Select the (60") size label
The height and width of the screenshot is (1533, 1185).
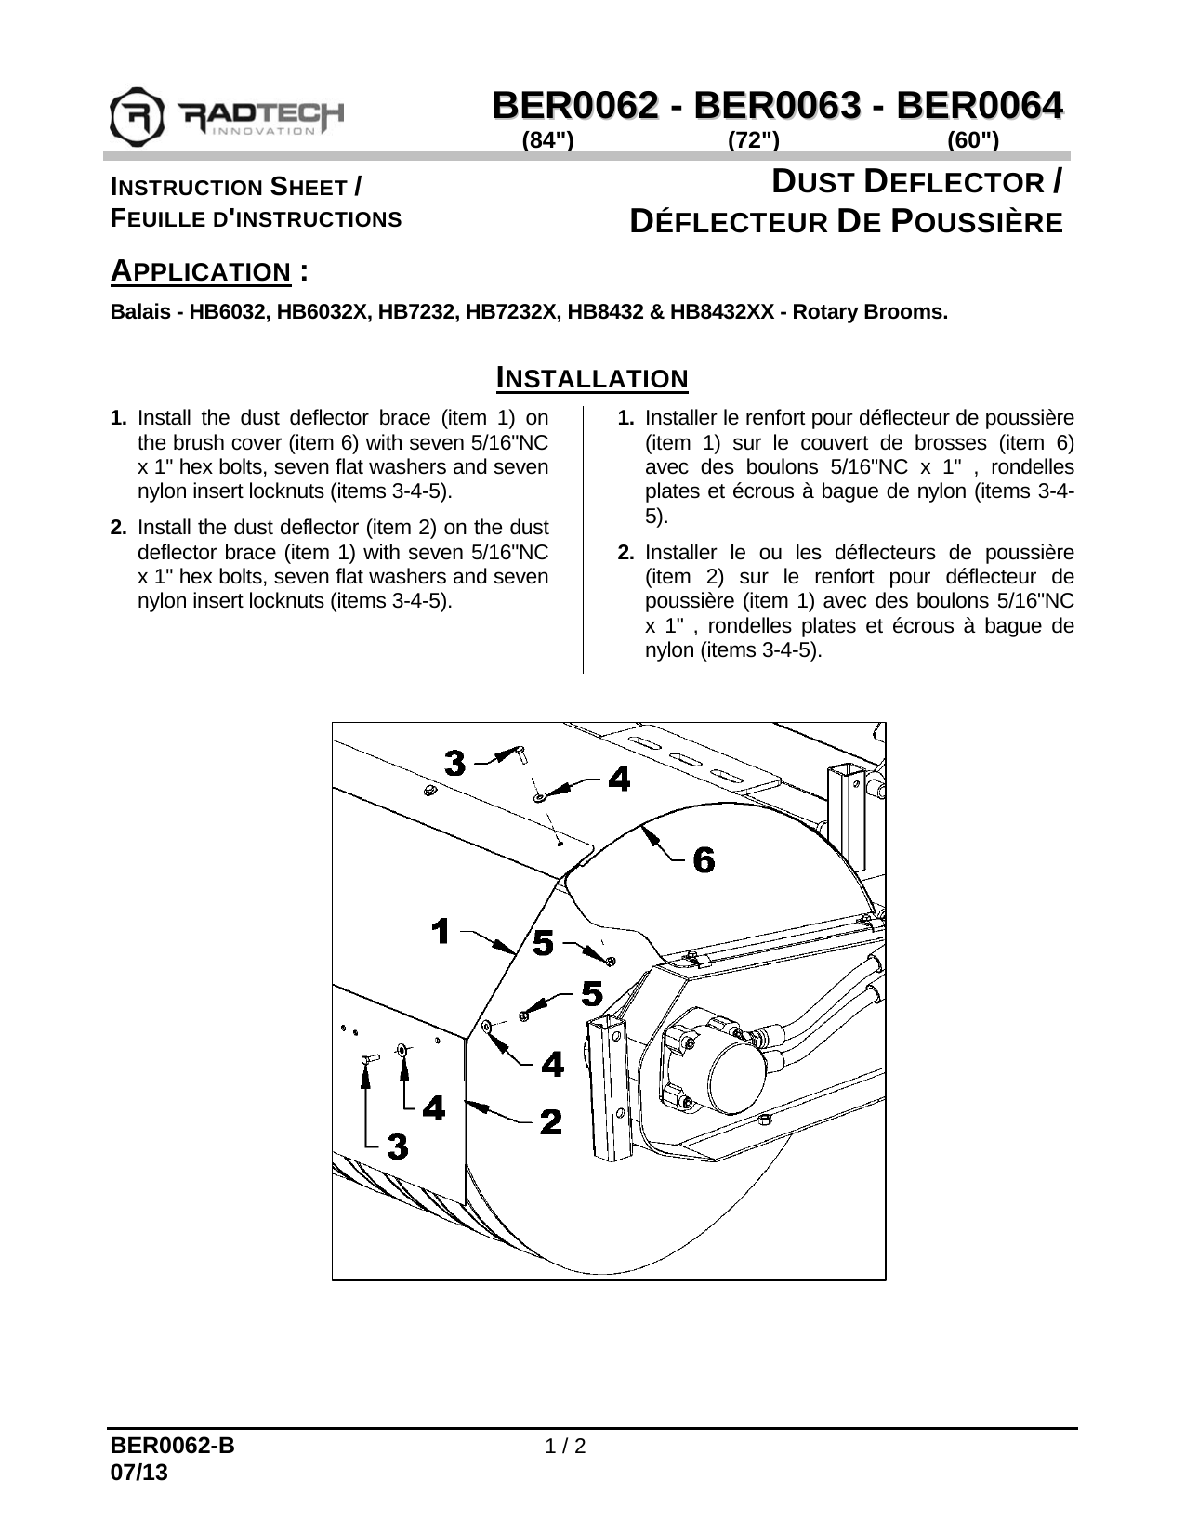[973, 140]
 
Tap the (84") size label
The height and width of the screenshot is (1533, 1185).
[548, 140]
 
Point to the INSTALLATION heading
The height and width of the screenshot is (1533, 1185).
[592, 378]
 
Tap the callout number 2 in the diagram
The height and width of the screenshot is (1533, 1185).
[551, 1121]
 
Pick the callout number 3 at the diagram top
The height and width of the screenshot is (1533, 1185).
[454, 763]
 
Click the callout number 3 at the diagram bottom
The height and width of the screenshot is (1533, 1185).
[397, 1147]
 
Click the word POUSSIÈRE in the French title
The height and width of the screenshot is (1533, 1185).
[977, 222]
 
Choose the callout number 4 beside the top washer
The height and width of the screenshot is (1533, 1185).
[618, 779]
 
